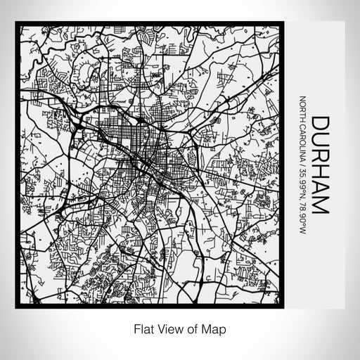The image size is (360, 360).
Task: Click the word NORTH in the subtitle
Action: (302, 108)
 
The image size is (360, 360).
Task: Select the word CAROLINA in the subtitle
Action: (302, 139)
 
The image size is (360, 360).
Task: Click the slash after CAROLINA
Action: (302, 160)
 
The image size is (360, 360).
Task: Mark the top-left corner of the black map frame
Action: (17, 23)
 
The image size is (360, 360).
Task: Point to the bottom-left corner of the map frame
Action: (17, 307)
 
